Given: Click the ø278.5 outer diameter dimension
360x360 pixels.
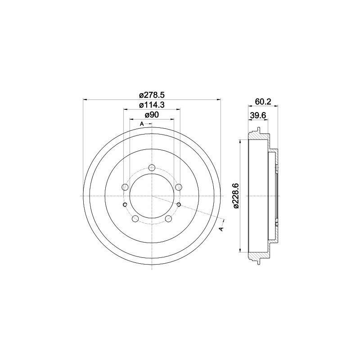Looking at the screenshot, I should pyautogui.click(x=152, y=95).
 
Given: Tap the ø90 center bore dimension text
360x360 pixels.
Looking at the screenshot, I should pyautogui.click(x=152, y=115).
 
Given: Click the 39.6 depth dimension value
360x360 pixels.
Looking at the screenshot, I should pyautogui.click(x=258, y=115).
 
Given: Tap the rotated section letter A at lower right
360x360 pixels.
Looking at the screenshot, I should pyautogui.click(x=220, y=229).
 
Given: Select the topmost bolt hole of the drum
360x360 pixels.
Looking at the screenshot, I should pyautogui.click(x=152, y=168).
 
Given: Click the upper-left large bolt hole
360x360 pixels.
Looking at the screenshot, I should pyautogui.click(x=125, y=187).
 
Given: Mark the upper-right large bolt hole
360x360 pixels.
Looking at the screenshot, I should pyautogui.click(x=179, y=187).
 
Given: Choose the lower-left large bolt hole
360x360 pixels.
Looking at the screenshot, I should pyautogui.click(x=135, y=219).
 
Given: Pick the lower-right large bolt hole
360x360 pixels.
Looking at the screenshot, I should pyautogui.click(x=169, y=219).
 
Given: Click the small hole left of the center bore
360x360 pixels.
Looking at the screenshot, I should pyautogui.click(x=125, y=205).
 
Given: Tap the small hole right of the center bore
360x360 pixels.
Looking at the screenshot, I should pyautogui.click(x=179, y=205).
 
